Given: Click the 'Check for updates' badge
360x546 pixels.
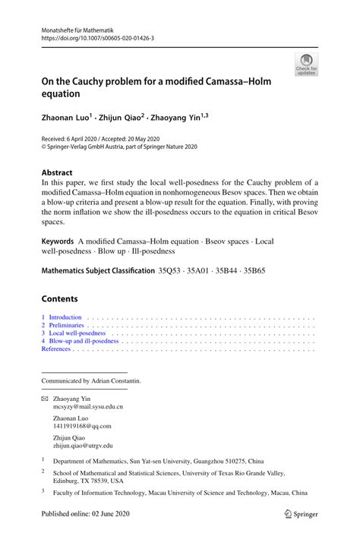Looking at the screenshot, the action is pyautogui.click(x=307, y=65).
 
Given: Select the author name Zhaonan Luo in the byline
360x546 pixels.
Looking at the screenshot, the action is pyautogui.click(x=65, y=118).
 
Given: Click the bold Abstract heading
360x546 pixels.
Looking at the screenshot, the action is pyautogui.click(x=60, y=172).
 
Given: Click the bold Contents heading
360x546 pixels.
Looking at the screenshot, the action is pyautogui.click(x=61, y=298).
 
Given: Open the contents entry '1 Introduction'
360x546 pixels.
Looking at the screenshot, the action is pyautogui.click(x=62, y=317).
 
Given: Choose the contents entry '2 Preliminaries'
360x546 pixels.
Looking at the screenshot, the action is pyautogui.click(x=62, y=325).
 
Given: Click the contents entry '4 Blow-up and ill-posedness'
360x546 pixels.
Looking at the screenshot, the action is pyautogui.click(x=80, y=342).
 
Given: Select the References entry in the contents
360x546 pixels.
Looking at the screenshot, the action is pyautogui.click(x=57, y=350).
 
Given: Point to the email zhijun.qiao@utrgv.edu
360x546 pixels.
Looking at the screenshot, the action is pyautogui.click(x=82, y=446).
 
